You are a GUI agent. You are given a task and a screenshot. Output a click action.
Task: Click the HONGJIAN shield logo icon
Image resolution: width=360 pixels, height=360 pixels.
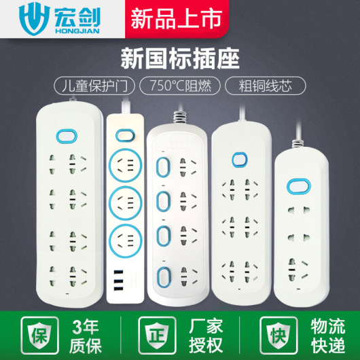(x=34, y=18)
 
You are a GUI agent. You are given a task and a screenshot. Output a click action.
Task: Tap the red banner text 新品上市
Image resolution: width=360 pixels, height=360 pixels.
(x=177, y=18)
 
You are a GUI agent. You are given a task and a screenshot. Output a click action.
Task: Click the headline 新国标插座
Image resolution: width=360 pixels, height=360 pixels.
(x=180, y=58)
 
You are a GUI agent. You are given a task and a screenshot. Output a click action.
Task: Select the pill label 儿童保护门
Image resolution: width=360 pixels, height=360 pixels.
(x=94, y=86)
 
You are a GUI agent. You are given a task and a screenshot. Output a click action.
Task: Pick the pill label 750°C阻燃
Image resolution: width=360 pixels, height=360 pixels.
(x=180, y=86)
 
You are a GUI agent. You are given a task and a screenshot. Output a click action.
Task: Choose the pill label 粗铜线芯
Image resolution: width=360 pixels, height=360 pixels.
(x=265, y=86)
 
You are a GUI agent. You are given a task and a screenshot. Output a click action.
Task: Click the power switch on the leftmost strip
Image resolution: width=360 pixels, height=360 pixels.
(x=67, y=136)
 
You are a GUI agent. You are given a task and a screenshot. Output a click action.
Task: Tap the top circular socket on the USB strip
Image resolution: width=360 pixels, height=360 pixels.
(x=126, y=165)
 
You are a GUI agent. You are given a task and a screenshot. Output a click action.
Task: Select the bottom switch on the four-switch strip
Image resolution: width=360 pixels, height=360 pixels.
(x=164, y=277)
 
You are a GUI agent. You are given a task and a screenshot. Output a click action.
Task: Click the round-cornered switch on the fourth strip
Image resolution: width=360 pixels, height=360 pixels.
(x=240, y=159)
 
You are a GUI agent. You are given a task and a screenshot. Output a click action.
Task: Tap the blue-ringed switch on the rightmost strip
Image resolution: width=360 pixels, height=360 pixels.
(x=298, y=186)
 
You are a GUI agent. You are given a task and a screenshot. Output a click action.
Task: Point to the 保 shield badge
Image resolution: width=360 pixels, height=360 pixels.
(x=39, y=335)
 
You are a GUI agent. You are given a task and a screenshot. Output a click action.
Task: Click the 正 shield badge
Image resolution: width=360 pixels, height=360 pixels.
(x=158, y=335)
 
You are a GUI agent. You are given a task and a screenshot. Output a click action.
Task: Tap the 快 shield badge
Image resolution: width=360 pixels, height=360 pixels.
(x=278, y=335)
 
